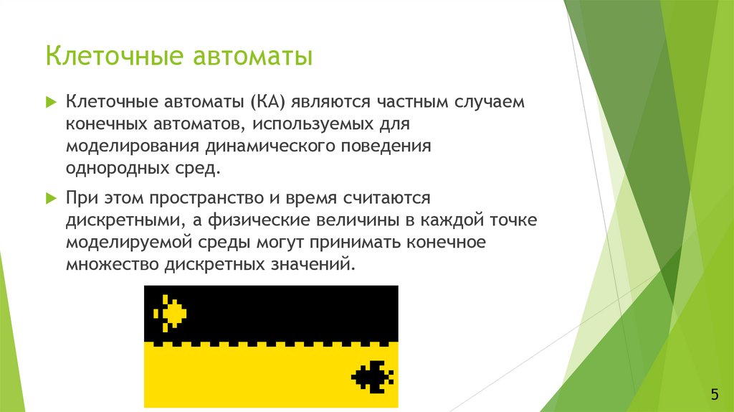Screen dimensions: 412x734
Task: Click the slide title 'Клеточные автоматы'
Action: pyautogui.click(x=179, y=56)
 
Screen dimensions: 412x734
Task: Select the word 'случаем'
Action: pyautogui.click(x=488, y=102)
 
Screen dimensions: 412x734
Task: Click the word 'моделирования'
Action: pyautogui.click(x=133, y=146)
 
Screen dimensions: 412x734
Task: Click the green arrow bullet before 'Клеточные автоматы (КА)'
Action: pyautogui.click(x=51, y=102)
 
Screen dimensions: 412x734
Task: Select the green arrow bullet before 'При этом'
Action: pyautogui.click(x=51, y=197)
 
